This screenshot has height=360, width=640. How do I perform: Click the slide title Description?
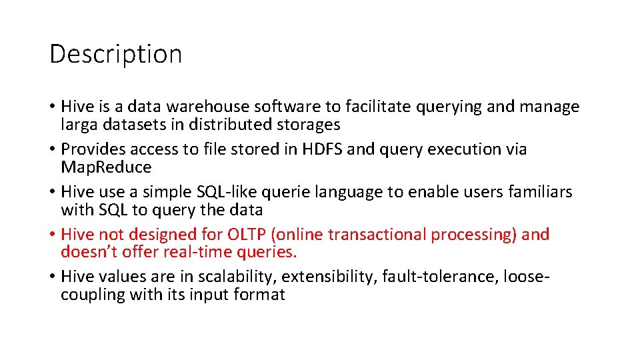115,54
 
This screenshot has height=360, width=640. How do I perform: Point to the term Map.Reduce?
106,167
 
